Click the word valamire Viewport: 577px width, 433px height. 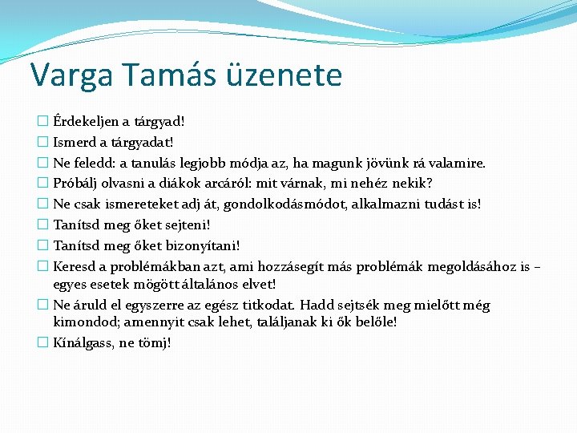tap(458, 164)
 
